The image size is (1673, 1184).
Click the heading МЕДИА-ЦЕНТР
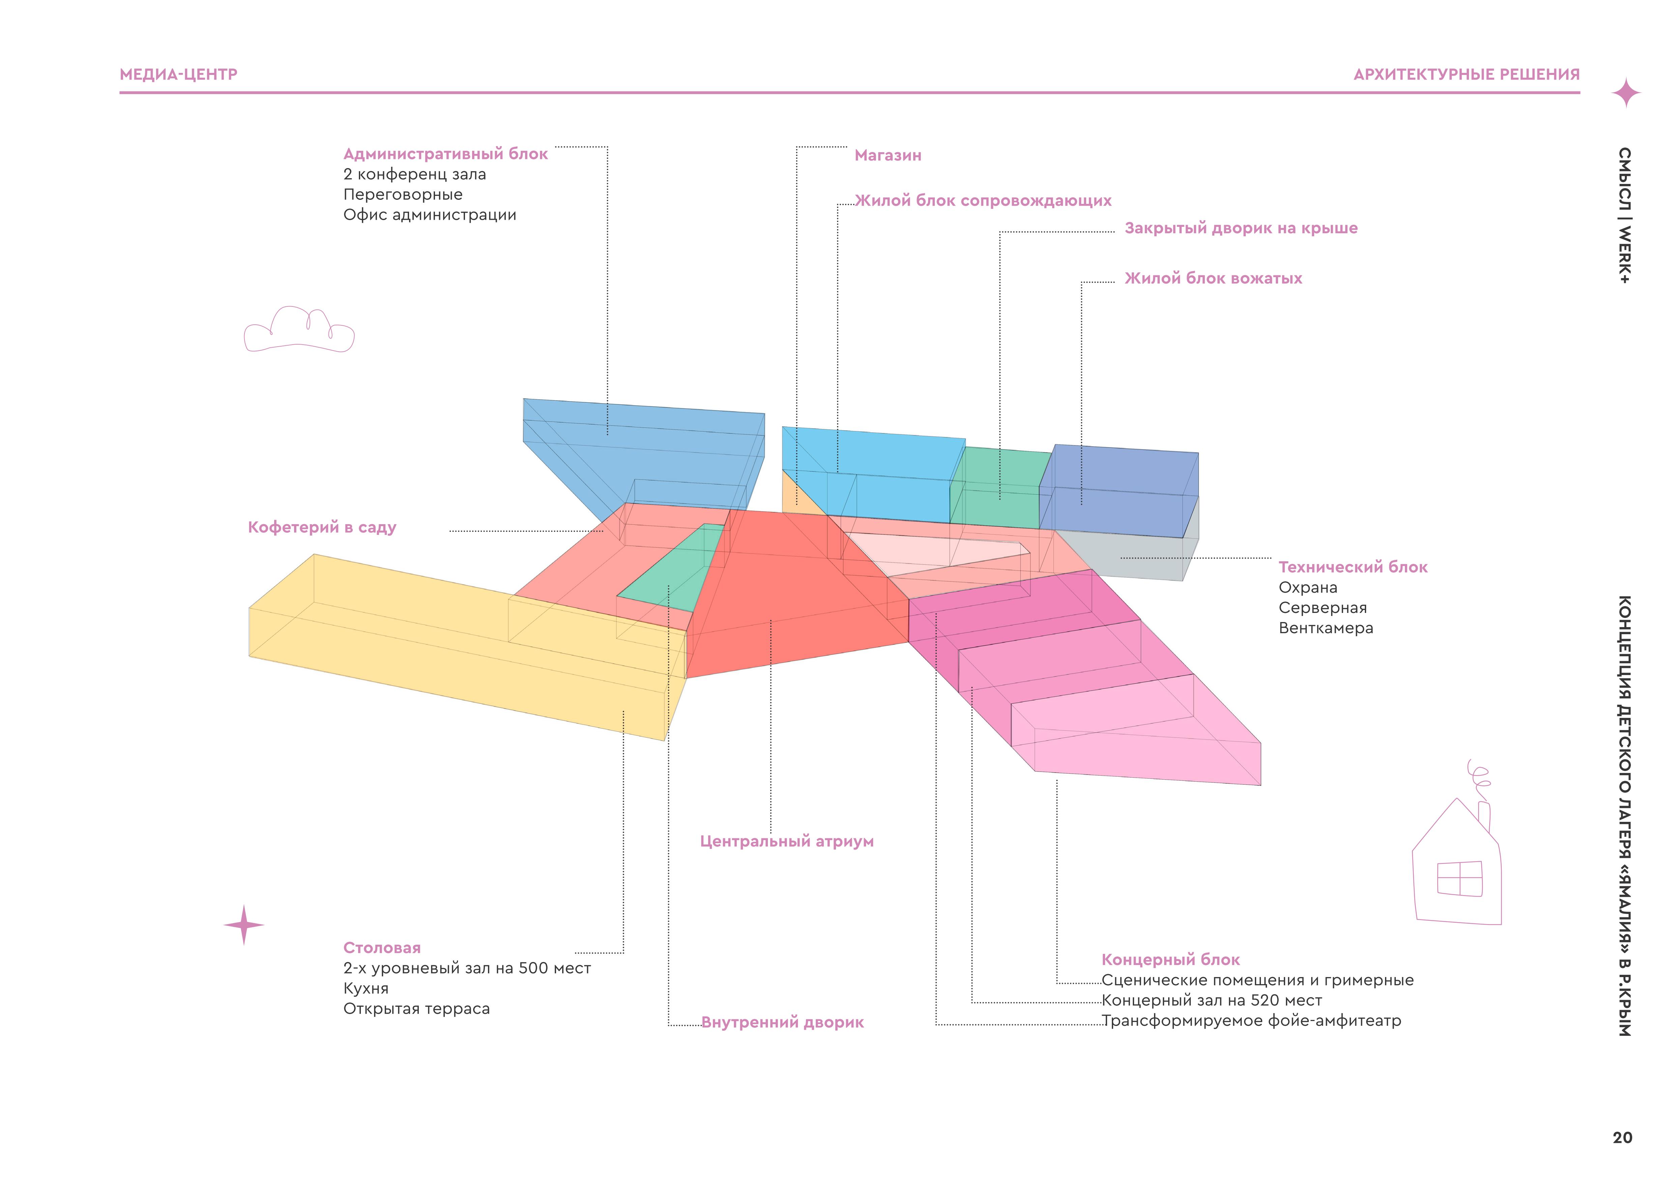pyautogui.click(x=178, y=74)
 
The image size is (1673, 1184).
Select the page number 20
pyautogui.click(x=1622, y=1137)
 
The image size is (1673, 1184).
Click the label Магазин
pyautogui.click(x=888, y=155)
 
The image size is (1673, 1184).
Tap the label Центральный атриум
pyautogui.click(x=786, y=841)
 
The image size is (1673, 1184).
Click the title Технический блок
pyautogui.click(x=1352, y=567)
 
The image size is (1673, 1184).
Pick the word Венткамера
pyautogui.click(x=1325, y=628)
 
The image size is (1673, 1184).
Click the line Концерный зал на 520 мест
pyautogui.click(x=1211, y=1000)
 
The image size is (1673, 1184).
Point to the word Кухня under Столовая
pyautogui.click(x=366, y=989)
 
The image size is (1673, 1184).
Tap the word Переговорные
pyautogui.click(x=403, y=195)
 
